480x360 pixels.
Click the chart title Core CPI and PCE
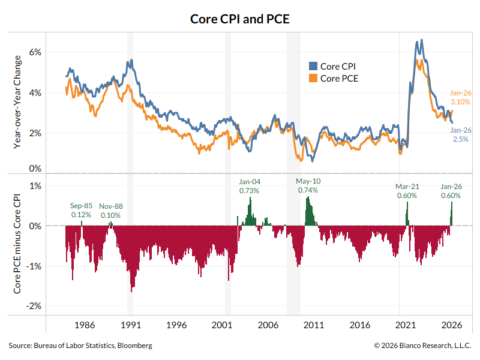240,19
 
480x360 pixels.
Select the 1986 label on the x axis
85,325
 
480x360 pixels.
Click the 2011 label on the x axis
314,325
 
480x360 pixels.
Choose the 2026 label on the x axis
451,325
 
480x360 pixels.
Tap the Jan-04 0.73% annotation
249,186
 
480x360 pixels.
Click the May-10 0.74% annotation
308,186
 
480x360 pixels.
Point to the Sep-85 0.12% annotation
81,210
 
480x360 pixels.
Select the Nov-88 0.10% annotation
110,210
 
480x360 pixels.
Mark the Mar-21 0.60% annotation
406,191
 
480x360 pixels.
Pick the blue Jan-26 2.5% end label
461,134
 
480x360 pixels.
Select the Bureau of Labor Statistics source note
80,346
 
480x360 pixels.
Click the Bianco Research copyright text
422,346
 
